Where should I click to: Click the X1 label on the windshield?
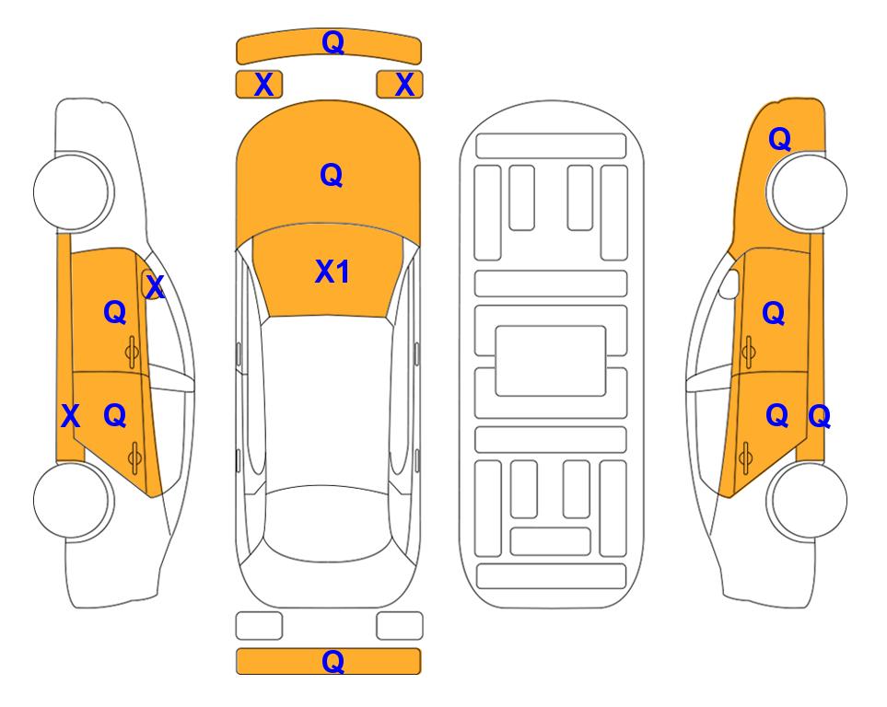click(x=333, y=272)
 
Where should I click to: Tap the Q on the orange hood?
click(x=332, y=175)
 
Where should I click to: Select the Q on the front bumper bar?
click(x=333, y=42)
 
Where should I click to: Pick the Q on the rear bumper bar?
click(x=333, y=661)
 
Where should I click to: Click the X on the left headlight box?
click(x=263, y=85)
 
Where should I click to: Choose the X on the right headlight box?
click(x=404, y=85)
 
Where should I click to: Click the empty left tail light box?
click(x=259, y=626)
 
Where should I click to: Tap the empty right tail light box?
click(x=400, y=626)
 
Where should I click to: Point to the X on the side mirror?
click(x=155, y=287)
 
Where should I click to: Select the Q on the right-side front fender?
click(x=779, y=139)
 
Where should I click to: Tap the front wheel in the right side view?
click(x=809, y=191)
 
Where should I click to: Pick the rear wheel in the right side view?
click(x=809, y=500)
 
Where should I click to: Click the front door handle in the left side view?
click(x=132, y=352)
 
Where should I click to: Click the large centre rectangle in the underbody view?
click(x=551, y=361)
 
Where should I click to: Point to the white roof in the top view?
click(x=328, y=401)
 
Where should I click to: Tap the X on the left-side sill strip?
click(x=70, y=416)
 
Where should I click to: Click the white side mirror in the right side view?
click(x=729, y=284)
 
